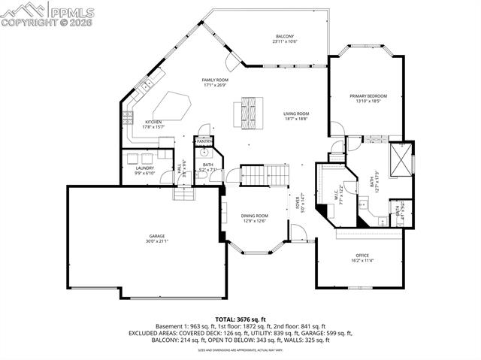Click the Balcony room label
tap(284, 36)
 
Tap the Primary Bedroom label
tap(368, 96)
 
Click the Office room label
tap(362, 256)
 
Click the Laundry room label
tap(144, 168)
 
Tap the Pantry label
tap(204, 141)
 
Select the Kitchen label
tap(153, 122)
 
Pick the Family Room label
tap(215, 80)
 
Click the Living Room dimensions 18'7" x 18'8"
tap(296, 119)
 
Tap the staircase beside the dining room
tap(265, 176)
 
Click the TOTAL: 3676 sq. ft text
tap(240, 319)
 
